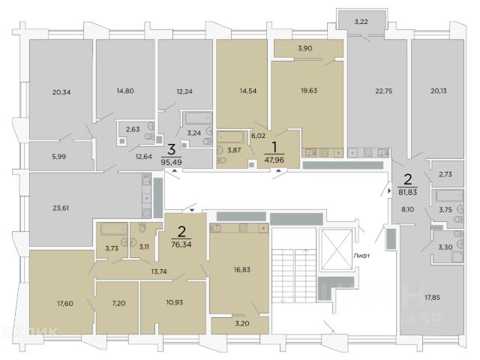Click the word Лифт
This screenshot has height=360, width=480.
(364, 256)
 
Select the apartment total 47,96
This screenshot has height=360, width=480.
(275, 159)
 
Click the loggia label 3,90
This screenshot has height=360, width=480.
(304, 49)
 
